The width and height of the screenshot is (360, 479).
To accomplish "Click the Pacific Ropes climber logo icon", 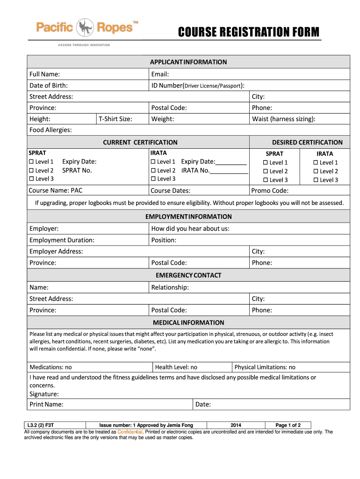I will (85, 28).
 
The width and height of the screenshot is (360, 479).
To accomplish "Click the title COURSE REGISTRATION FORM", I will (249, 32).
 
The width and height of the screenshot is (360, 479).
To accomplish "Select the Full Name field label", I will (44, 74).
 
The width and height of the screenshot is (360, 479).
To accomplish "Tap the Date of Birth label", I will (49, 85).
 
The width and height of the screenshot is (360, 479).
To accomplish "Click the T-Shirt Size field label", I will (115, 119).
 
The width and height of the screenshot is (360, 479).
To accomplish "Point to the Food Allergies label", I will (50, 130).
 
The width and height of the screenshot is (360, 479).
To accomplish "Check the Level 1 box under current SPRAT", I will (32, 162).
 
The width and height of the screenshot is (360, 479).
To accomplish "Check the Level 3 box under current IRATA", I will (153, 179).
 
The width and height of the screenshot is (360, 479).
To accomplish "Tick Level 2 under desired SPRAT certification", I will (266, 171).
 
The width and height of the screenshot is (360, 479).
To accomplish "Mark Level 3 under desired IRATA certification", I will (316, 180).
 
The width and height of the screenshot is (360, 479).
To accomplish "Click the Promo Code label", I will (270, 190).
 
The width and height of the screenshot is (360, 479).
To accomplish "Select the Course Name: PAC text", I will (56, 190).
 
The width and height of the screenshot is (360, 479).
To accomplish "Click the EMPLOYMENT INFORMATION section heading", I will (188, 217).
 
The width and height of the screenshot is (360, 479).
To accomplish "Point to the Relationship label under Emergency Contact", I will (170, 287).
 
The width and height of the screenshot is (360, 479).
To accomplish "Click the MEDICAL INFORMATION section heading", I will (188, 323).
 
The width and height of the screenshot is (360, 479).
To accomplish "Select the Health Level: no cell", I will (176, 367).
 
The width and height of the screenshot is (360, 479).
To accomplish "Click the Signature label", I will (44, 394).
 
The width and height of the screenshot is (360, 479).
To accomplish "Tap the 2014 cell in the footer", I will (236, 425).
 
